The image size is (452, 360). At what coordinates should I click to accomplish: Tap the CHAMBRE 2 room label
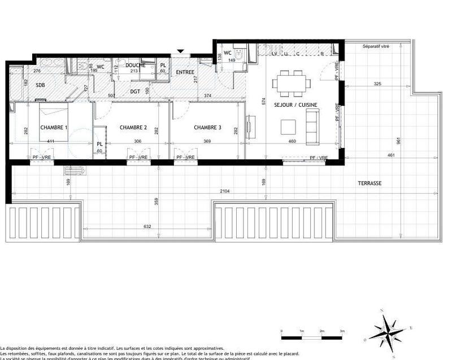click(x=133, y=128)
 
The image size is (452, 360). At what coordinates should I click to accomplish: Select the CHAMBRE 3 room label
click(x=207, y=128)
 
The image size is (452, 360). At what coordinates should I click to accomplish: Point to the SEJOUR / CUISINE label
click(x=295, y=105)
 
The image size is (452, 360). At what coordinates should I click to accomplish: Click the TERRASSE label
click(x=370, y=183)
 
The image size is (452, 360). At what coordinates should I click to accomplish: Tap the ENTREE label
click(x=185, y=72)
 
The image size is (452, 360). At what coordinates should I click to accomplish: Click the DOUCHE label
click(x=135, y=66)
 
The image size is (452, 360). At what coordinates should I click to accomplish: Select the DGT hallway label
click(x=135, y=91)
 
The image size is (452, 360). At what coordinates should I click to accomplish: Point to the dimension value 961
click(x=398, y=140)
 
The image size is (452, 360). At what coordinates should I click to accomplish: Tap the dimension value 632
click(x=147, y=227)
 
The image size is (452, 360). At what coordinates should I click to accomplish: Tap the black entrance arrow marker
click(x=180, y=52)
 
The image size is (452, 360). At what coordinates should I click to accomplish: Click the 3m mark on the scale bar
click(x=342, y=331)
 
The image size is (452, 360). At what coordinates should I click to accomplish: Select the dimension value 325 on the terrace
click(x=377, y=84)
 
